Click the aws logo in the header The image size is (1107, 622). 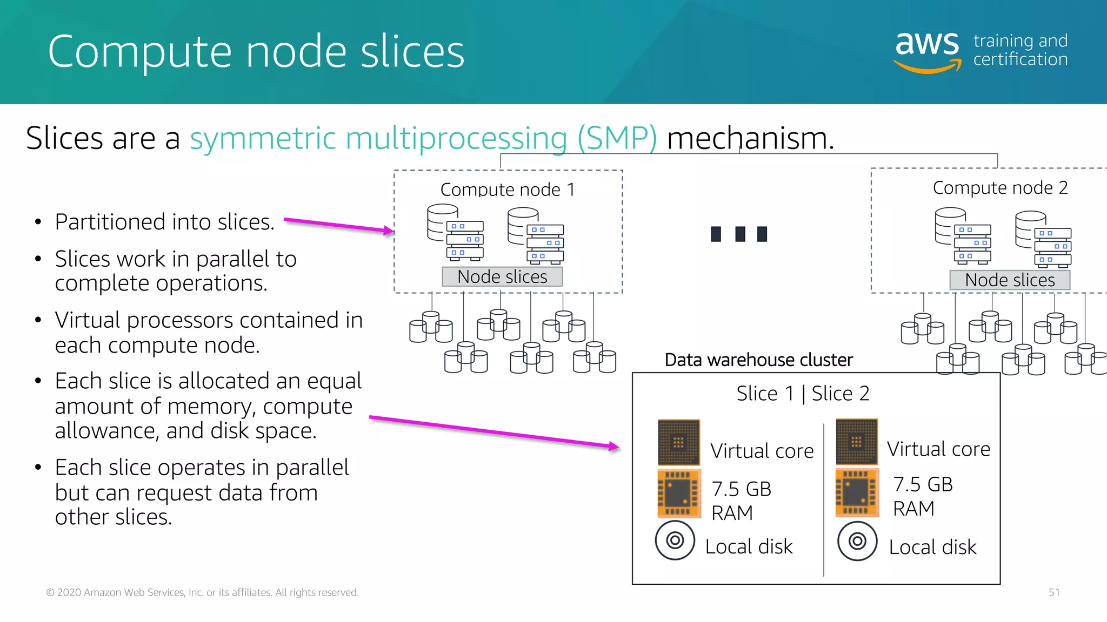pyautogui.click(x=928, y=51)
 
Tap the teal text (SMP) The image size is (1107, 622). pyautogui.click(x=617, y=138)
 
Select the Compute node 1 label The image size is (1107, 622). pyautogui.click(x=508, y=190)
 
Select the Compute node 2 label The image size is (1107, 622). pyautogui.click(x=1000, y=187)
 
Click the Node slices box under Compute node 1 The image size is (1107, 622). pyautogui.click(x=502, y=276)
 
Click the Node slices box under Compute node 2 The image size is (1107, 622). pyautogui.click(x=1010, y=280)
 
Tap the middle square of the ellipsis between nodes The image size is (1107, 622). pyautogui.click(x=740, y=234)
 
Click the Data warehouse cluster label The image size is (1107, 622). pyautogui.click(x=758, y=360)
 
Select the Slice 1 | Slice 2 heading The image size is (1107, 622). pyautogui.click(x=803, y=393)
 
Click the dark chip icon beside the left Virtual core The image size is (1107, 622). pyautogui.click(x=679, y=442)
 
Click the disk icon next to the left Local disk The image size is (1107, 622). pyautogui.click(x=675, y=540)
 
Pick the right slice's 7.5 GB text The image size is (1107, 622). pyautogui.click(x=923, y=484)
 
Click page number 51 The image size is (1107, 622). pyautogui.click(x=1053, y=592)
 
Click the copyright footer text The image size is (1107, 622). pyautogui.click(x=202, y=592)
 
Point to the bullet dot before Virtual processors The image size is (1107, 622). pyautogui.click(x=38, y=320)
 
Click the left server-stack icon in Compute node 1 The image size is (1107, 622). pyautogui.click(x=455, y=232)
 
